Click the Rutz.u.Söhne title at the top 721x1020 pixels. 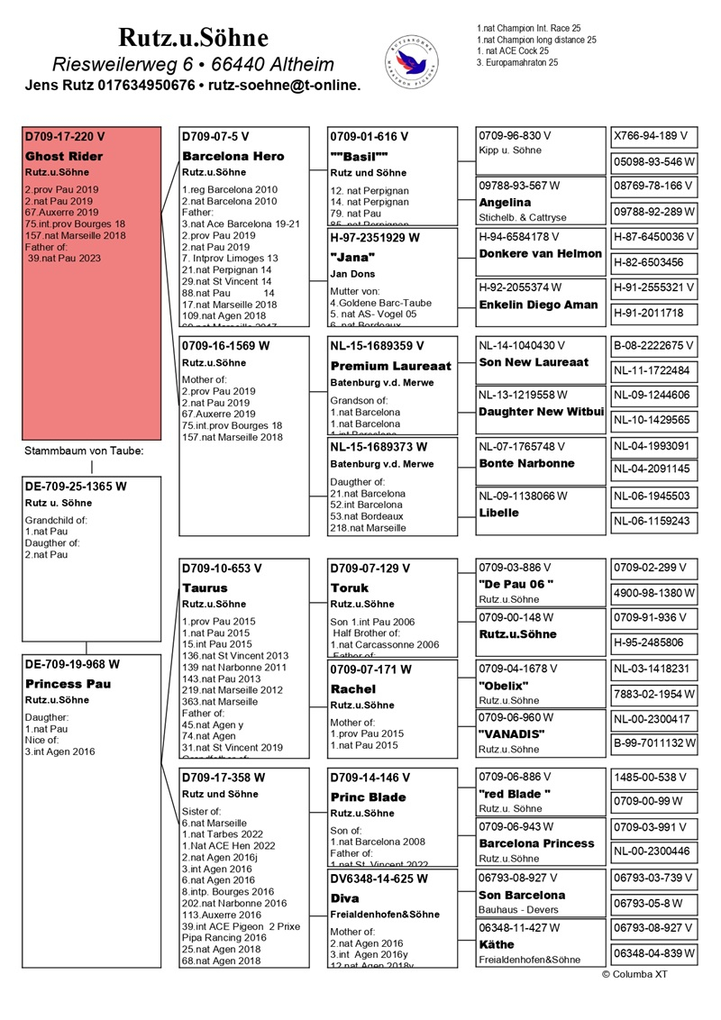point(194,38)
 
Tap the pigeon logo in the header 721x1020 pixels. point(413,59)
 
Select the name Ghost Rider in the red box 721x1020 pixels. point(64,156)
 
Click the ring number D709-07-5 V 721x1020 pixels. point(215,137)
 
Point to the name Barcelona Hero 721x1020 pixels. point(233,156)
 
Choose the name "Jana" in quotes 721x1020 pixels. point(352,255)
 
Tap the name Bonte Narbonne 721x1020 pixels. point(526,463)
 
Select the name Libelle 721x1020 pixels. point(498,513)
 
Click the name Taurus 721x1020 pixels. point(205,587)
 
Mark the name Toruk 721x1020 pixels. point(349,587)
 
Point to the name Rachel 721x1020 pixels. point(353,688)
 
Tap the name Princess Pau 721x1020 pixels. point(68,684)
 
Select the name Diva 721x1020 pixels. point(346,898)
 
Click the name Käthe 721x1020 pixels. point(497,944)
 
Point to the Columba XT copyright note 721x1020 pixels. point(635,974)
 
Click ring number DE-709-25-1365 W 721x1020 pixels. point(76,486)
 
